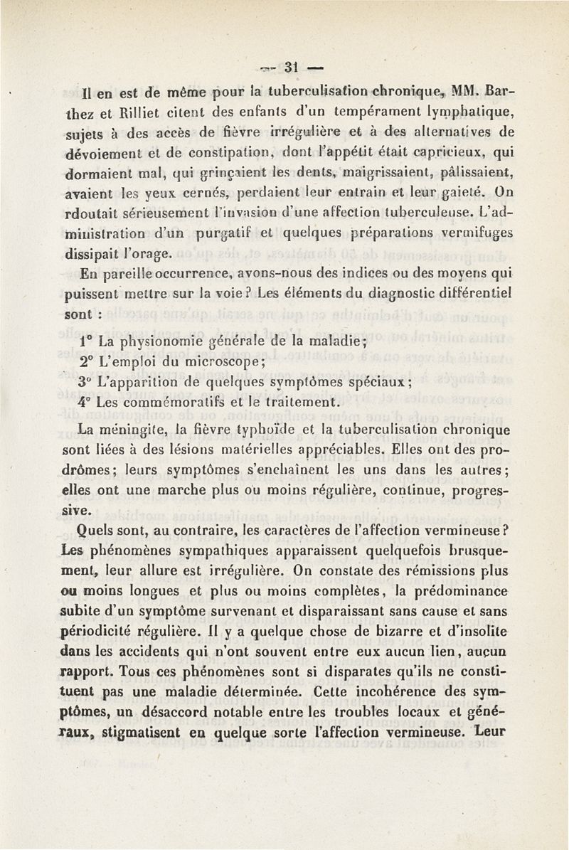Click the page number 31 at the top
pyautogui.click(x=290, y=68)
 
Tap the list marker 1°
pyautogui.click(x=87, y=339)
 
